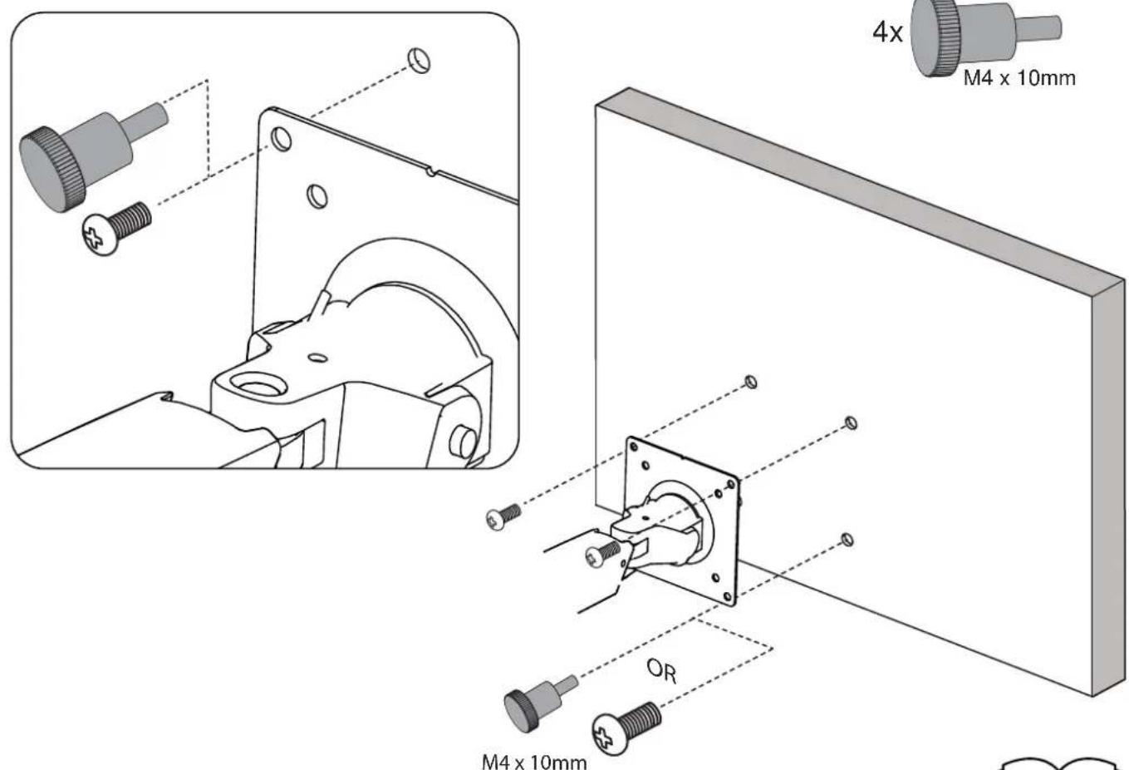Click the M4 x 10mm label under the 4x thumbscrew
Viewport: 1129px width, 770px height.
click(1019, 78)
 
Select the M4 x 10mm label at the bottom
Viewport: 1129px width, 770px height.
click(534, 762)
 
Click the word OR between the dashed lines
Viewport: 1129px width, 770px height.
click(662, 671)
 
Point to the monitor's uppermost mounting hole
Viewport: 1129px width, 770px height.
click(750, 382)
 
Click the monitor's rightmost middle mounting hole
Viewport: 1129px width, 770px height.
click(851, 423)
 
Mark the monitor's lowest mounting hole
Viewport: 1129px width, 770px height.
click(847, 540)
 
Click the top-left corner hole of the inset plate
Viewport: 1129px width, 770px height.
click(281, 139)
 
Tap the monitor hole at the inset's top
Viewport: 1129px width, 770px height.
click(419, 61)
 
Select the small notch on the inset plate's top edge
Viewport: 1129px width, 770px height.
click(430, 172)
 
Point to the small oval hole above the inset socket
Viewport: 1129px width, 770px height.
click(317, 358)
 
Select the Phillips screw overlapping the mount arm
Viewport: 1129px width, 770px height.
click(603, 554)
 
